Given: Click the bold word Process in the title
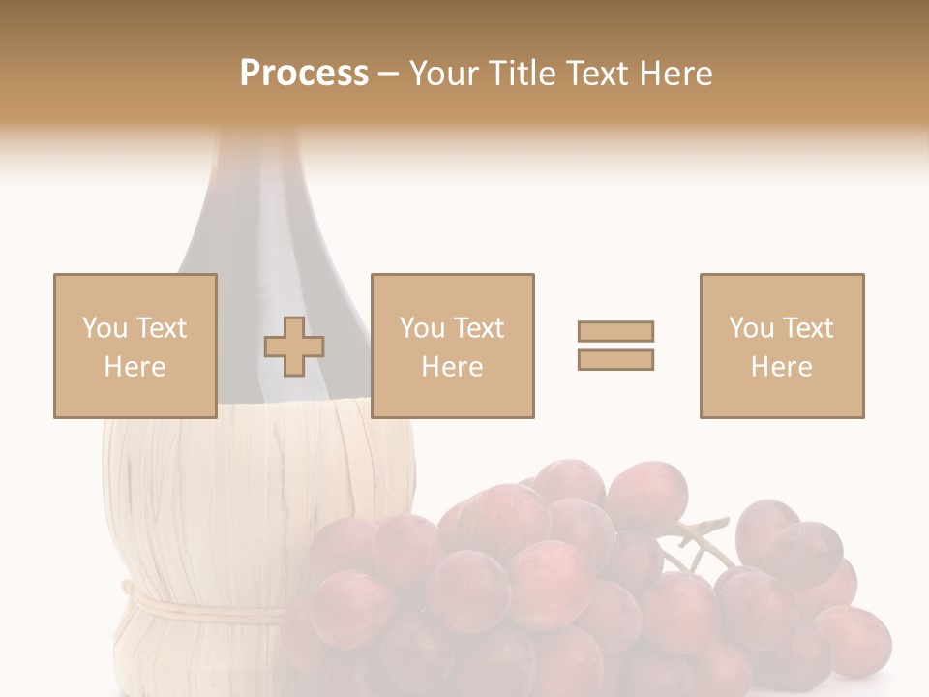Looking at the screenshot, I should click(304, 74).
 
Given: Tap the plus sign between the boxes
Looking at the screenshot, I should click(294, 347).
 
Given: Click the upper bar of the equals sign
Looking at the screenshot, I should click(615, 331).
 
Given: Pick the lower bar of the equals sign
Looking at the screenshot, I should click(615, 359).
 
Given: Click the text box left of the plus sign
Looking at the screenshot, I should click(135, 346).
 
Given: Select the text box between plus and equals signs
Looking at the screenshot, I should click(452, 346).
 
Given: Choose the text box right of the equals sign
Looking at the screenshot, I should click(781, 346).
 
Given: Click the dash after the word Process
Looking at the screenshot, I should click(388, 75).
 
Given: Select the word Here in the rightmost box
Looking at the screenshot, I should click(781, 367).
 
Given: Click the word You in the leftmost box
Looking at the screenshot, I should click(105, 328).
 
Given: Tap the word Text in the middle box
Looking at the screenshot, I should click(478, 328).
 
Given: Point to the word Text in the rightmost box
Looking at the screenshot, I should click(807, 328).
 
